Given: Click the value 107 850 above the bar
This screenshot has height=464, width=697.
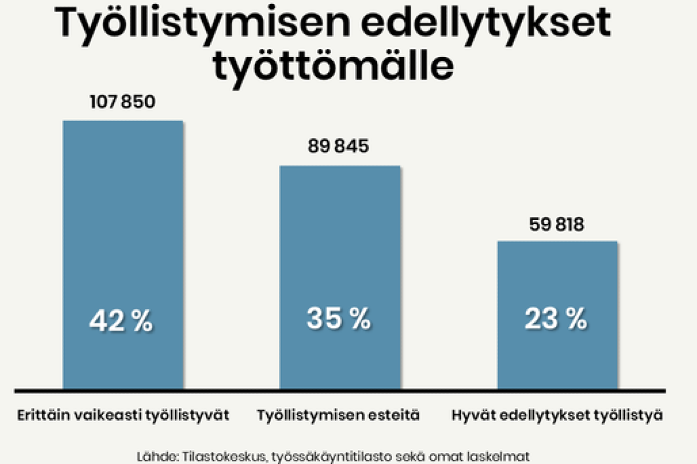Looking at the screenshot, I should (x=123, y=102).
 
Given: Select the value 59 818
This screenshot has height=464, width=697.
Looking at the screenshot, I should (x=557, y=224).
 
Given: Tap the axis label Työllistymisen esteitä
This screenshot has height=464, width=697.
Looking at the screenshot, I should (x=339, y=416).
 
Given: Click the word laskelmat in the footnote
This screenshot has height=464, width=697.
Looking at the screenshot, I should (x=501, y=454).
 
